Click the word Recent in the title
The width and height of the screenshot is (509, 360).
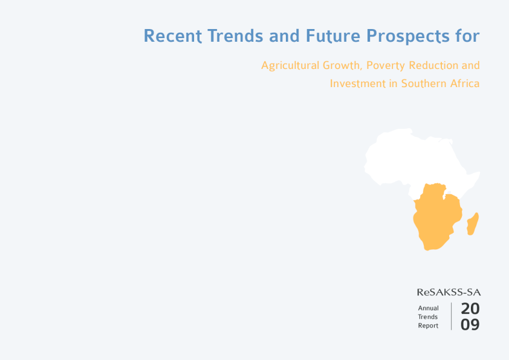point(173,36)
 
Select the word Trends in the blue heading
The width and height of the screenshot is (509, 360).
point(235,36)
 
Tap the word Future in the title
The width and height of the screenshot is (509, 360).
point(333,36)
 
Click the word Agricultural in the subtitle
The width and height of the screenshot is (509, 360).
point(290,65)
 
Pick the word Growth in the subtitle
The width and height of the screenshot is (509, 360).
point(341,65)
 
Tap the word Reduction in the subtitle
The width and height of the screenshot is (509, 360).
point(433,65)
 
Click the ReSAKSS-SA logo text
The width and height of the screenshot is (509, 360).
point(449,292)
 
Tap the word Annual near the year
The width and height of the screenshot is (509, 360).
point(428,308)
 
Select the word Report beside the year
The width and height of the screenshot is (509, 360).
point(428,326)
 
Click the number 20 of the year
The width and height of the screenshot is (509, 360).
point(470,309)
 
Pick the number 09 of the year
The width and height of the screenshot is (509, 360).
point(470,324)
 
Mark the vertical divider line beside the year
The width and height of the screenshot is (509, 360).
point(451,316)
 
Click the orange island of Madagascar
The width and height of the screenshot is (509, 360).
point(472,224)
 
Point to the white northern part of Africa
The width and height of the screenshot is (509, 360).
point(412,159)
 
